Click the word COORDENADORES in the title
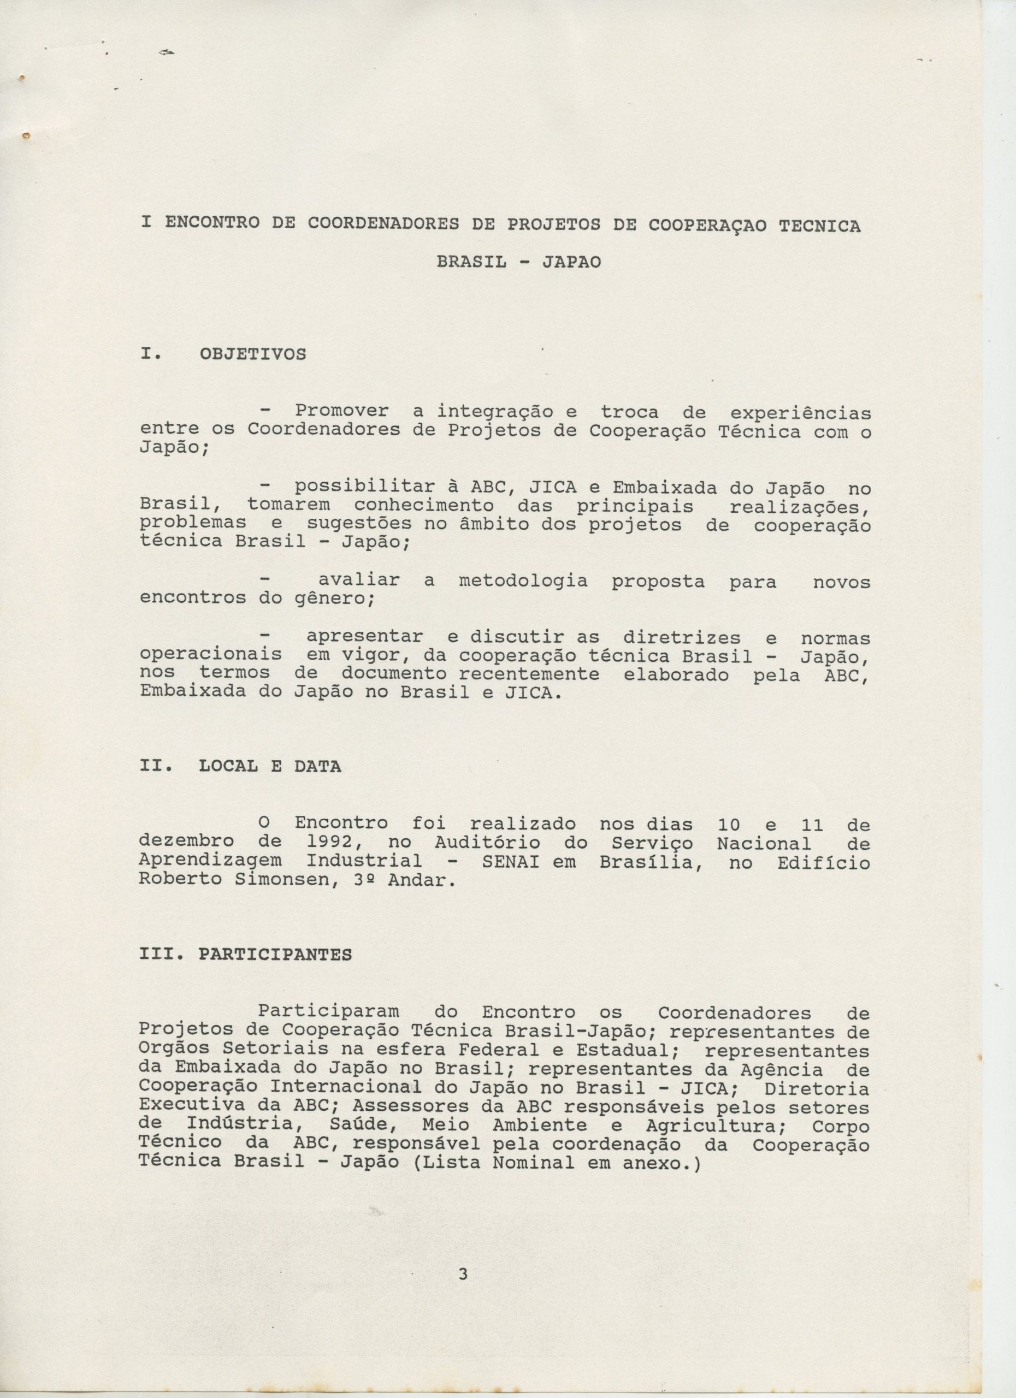coord(383,226)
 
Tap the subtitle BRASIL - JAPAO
coord(518,262)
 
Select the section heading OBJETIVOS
coord(252,354)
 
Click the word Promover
coord(341,411)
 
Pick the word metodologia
coord(523,580)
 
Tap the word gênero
coord(329,598)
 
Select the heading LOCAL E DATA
coord(269,767)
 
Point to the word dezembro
coord(187,842)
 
